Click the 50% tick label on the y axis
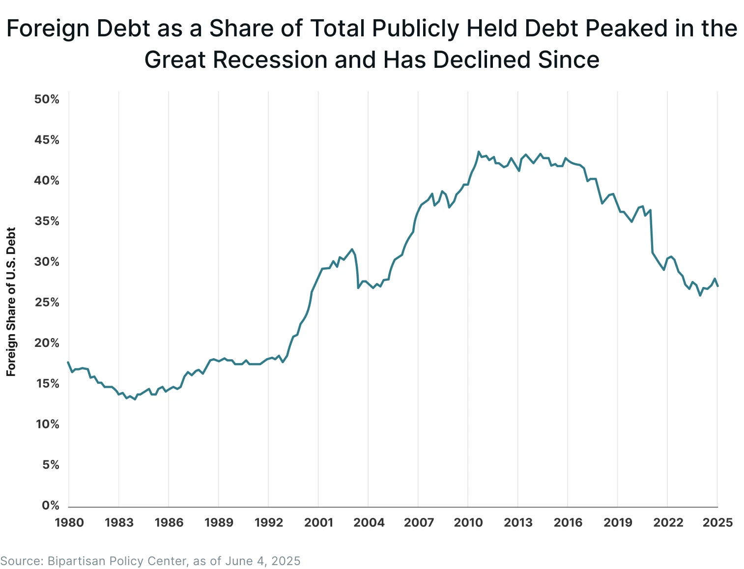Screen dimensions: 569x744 click(47, 100)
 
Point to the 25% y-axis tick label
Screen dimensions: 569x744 click(47, 303)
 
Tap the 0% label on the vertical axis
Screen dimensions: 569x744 click(50, 506)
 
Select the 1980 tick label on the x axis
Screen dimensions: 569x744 click(69, 522)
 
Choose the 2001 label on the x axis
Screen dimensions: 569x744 click(318, 522)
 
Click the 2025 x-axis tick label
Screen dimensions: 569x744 click(717, 522)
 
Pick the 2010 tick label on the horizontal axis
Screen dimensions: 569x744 click(468, 522)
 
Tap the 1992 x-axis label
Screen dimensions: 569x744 click(269, 522)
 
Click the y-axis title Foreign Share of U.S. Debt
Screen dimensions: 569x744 click(11, 302)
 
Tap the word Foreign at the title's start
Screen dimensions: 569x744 click(48, 28)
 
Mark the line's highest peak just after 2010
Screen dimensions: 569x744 click(479, 152)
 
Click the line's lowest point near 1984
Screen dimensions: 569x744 click(135, 399)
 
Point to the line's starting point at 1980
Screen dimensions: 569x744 click(68, 362)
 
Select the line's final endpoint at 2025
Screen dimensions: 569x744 click(718, 286)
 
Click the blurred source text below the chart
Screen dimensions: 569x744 click(151, 561)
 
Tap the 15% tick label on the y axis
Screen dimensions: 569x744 click(47, 384)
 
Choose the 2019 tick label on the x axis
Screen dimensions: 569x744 click(618, 522)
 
